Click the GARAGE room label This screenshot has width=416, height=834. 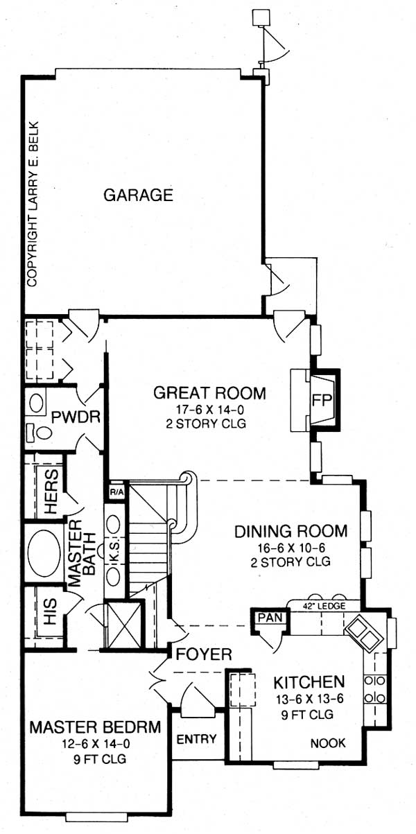pyautogui.click(x=138, y=195)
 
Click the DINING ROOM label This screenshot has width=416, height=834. pyautogui.click(x=291, y=532)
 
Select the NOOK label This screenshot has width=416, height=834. pyautogui.click(x=327, y=743)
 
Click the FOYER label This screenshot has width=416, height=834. pyautogui.click(x=203, y=654)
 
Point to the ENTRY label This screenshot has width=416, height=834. pyautogui.click(x=198, y=738)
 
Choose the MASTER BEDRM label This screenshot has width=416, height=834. pyautogui.click(x=95, y=727)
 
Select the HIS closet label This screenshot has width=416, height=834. pyautogui.click(x=52, y=614)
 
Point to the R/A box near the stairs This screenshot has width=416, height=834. pyautogui.click(x=116, y=492)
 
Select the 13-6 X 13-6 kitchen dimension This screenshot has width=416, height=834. pyautogui.click(x=309, y=698)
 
